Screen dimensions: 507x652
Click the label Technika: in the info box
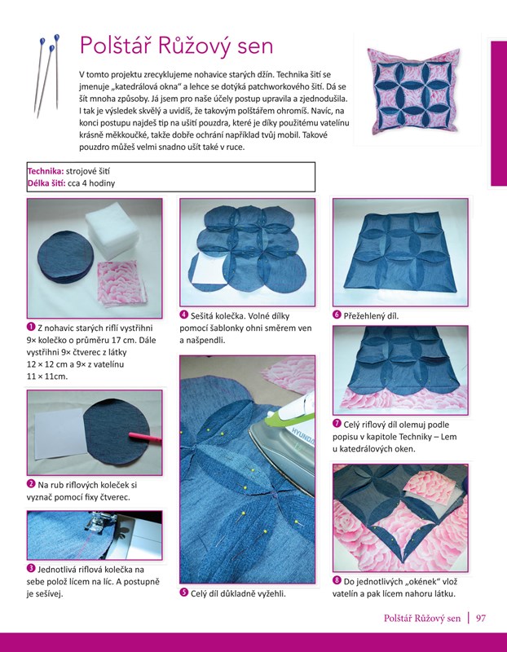pos(46,171)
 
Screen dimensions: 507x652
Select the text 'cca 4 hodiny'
pos(91,183)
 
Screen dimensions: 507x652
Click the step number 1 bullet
pos(31,327)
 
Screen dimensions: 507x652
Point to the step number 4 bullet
pos(184,315)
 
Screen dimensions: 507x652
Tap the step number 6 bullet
pos(337,315)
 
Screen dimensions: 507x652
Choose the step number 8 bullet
pos(337,580)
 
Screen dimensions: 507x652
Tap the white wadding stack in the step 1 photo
pos(112,233)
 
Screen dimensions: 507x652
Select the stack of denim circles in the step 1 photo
pos(65,258)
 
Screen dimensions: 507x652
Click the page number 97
pos(481,618)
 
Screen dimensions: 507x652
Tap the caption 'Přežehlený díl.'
pos(372,315)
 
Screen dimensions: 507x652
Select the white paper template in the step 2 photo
pos(60,433)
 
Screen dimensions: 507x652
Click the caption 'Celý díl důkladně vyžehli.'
pos(238,593)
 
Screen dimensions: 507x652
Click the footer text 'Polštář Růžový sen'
pos(422,619)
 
